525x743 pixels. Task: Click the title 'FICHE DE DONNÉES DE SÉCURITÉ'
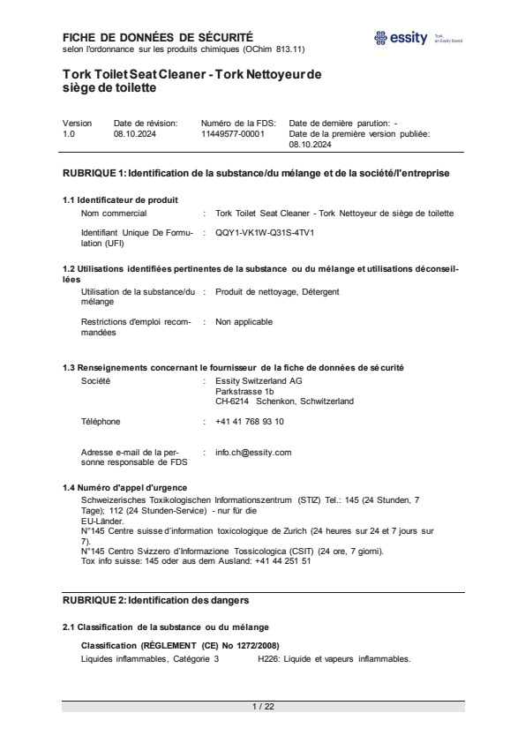click(158, 37)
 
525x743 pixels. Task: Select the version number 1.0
click(69, 134)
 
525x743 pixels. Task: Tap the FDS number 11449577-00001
click(233, 134)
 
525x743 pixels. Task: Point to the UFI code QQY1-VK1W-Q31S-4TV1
click(265, 232)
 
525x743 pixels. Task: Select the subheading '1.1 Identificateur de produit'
click(120, 199)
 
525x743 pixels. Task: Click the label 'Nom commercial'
click(114, 214)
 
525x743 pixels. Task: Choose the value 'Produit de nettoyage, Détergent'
click(277, 291)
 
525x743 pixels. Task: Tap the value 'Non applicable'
click(244, 321)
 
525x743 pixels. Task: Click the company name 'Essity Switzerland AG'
click(259, 380)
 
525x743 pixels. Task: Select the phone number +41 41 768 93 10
click(250, 422)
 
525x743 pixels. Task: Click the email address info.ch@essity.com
click(253, 452)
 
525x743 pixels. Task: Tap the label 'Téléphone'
click(101, 422)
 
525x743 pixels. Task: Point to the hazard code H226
click(267, 659)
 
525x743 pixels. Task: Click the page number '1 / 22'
click(263, 707)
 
